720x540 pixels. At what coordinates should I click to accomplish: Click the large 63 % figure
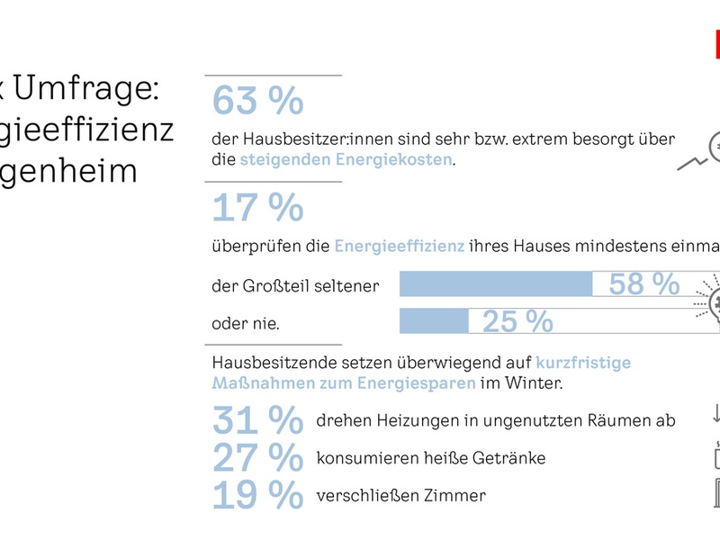click(257, 102)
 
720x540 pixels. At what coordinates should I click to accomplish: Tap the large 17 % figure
click(257, 208)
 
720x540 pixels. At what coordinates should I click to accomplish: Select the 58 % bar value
click(643, 284)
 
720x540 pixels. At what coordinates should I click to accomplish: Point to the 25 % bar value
click(517, 320)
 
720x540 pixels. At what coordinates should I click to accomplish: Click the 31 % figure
click(257, 420)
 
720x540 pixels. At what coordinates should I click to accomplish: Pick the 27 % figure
click(257, 458)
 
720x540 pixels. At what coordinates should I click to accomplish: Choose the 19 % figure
click(257, 496)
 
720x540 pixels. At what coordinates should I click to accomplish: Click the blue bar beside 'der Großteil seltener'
click(495, 284)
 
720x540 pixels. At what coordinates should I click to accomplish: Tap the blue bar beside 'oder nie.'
click(433, 320)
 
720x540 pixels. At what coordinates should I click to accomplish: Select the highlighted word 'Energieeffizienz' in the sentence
click(400, 245)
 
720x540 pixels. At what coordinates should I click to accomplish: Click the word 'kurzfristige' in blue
click(583, 363)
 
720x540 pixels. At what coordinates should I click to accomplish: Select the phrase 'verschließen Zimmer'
click(400, 496)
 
